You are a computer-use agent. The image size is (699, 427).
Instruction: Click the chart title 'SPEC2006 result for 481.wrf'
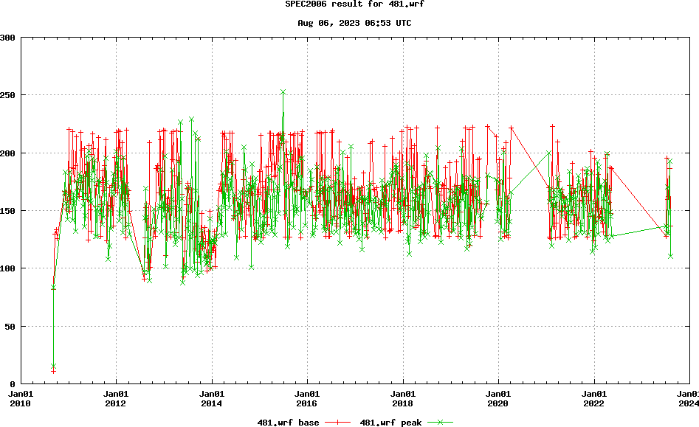(354, 4)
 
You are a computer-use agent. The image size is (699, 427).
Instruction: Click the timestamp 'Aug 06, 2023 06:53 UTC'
(354, 23)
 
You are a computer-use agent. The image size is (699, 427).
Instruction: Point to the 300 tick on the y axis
(9, 38)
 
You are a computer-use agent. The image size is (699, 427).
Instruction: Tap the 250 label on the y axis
(9, 95)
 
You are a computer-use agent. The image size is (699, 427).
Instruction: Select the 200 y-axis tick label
(9, 153)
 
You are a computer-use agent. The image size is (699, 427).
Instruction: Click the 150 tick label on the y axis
(9, 211)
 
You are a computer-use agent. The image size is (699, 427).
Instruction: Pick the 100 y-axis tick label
(9, 268)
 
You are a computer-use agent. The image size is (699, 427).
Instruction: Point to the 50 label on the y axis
(11, 326)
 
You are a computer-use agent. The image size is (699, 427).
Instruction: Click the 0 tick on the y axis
(14, 384)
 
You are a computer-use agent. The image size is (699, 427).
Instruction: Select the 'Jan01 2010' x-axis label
(20, 399)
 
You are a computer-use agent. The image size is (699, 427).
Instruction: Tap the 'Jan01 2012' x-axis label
(116, 399)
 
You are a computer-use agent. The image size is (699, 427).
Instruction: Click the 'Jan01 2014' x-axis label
(212, 399)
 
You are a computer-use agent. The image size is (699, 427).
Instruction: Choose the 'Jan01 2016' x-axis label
(307, 399)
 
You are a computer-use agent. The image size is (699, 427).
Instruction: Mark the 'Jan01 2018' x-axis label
(403, 399)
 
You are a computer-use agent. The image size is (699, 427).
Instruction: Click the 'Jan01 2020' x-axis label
(498, 399)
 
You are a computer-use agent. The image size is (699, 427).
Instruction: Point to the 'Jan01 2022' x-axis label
(594, 399)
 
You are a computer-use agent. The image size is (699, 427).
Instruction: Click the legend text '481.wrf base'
(288, 423)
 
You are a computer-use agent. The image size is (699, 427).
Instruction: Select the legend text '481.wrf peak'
(390, 423)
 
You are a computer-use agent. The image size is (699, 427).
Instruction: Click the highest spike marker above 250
(283, 92)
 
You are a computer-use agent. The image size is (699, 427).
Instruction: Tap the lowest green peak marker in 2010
(53, 366)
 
